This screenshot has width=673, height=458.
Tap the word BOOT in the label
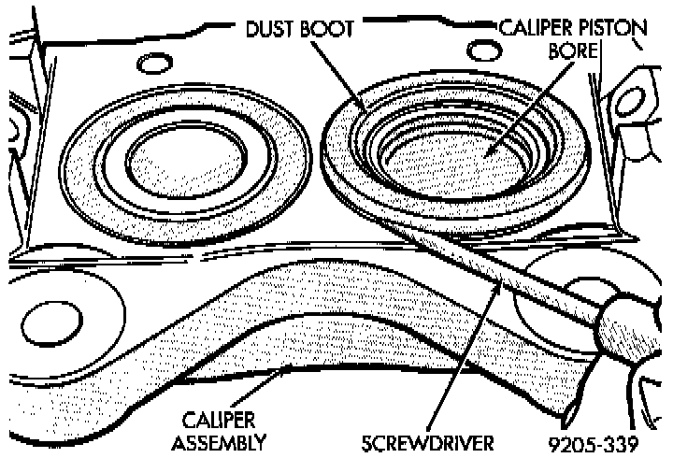[329, 28]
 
